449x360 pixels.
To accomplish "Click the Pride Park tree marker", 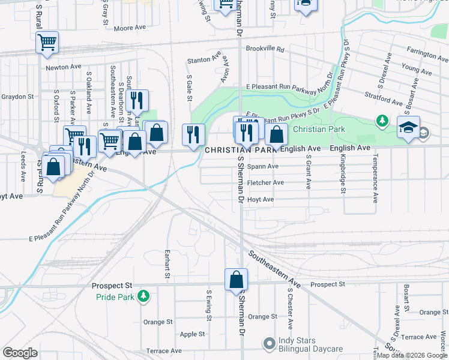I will (143, 296).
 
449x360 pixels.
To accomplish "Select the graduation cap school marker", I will (408, 127).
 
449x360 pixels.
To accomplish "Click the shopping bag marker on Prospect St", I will (237, 279).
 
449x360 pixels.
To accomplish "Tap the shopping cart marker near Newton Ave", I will (47, 43).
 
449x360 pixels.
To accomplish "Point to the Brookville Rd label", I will (265, 50).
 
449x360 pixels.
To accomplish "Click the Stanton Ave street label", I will (199, 60).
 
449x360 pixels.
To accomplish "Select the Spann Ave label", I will (263, 166).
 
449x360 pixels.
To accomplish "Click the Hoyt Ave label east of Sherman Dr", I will (261, 199).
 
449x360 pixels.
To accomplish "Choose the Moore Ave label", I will (130, 28).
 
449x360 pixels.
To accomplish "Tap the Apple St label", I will (193, 334).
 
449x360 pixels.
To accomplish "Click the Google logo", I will (20, 353).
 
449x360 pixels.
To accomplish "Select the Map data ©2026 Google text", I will (411, 355).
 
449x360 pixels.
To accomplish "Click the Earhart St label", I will (167, 263).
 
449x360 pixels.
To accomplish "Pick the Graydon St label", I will (17, 97).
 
